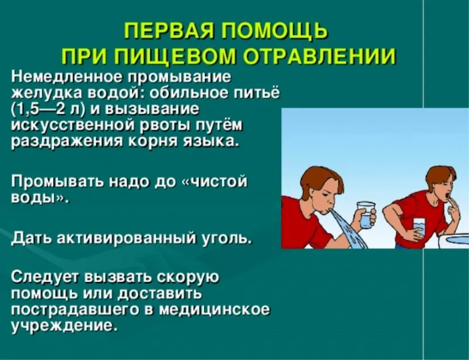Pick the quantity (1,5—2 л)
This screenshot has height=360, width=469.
click(x=48, y=110)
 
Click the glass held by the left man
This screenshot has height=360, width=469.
click(x=366, y=215)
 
